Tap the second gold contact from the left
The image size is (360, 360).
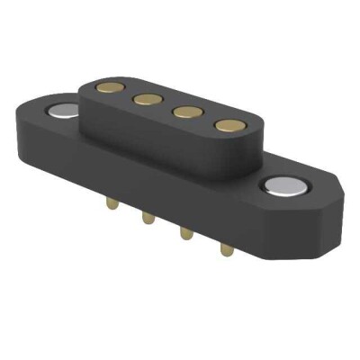coord(141,100)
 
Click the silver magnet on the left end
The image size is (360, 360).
coord(63,112)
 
